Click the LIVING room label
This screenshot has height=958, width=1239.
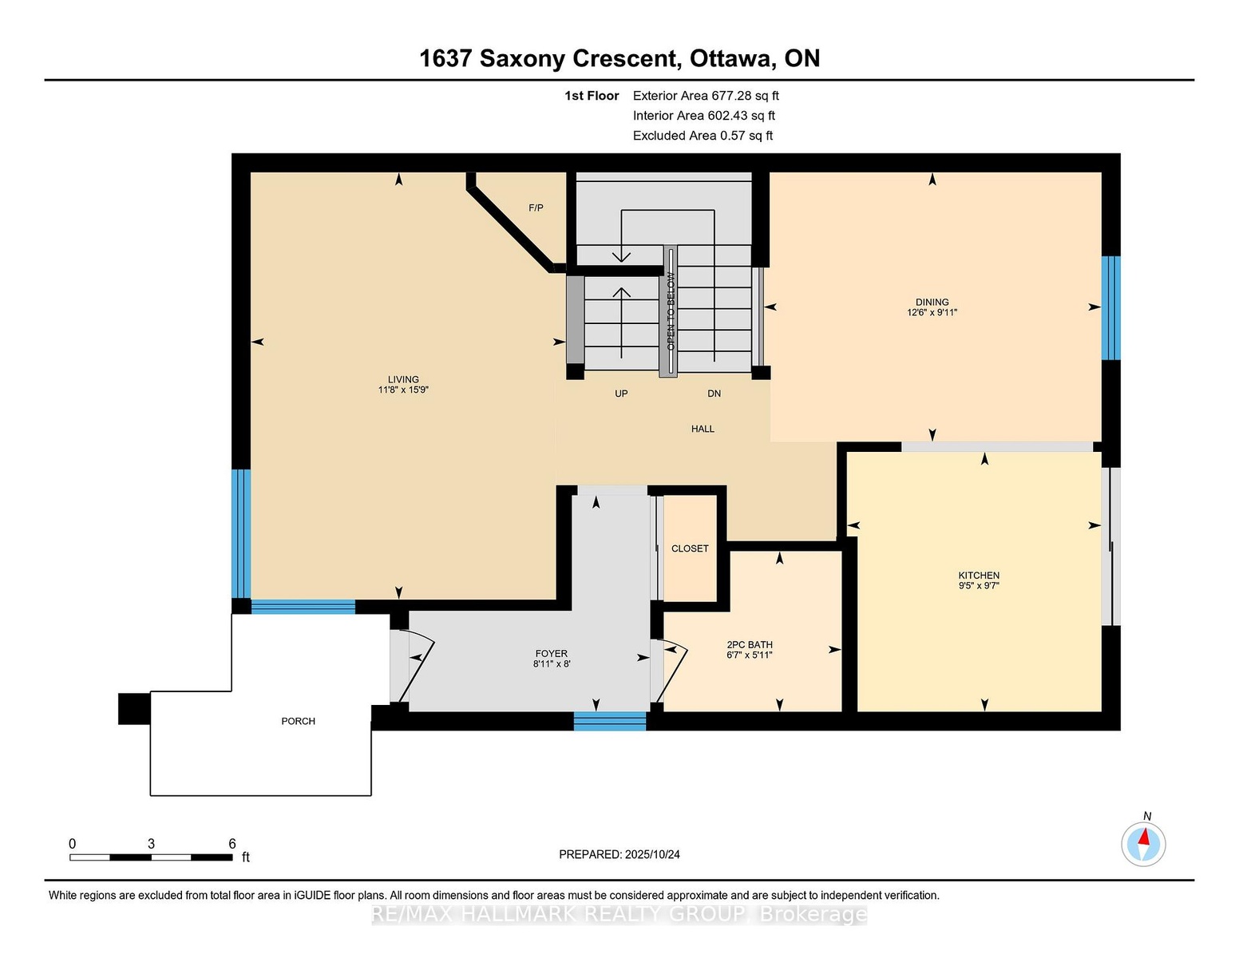pyautogui.click(x=403, y=379)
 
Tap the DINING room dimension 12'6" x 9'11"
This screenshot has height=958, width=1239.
pyautogui.click(x=932, y=312)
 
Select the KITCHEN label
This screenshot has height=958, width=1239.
pyautogui.click(x=979, y=575)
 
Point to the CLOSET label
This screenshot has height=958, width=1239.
pyautogui.click(x=690, y=548)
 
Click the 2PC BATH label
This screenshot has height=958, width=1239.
pyautogui.click(x=749, y=644)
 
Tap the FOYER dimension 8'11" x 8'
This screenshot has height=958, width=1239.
pyautogui.click(x=552, y=664)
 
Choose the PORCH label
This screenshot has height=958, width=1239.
pyautogui.click(x=299, y=721)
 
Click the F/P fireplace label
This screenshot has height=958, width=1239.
pyautogui.click(x=536, y=208)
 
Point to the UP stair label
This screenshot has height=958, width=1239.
pyautogui.click(x=621, y=394)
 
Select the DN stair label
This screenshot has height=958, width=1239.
pyautogui.click(x=714, y=394)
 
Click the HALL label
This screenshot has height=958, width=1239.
pyautogui.click(x=703, y=429)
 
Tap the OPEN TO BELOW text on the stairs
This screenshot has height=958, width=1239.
pyautogui.click(x=671, y=311)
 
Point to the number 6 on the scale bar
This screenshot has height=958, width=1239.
pyautogui.click(x=232, y=844)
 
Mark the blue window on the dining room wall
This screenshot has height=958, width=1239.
pyautogui.click(x=1110, y=308)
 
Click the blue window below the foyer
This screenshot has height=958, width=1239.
pyautogui.click(x=610, y=721)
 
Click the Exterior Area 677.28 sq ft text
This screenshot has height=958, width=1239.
pyautogui.click(x=705, y=96)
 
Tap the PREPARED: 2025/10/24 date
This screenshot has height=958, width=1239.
pyautogui.click(x=619, y=854)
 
